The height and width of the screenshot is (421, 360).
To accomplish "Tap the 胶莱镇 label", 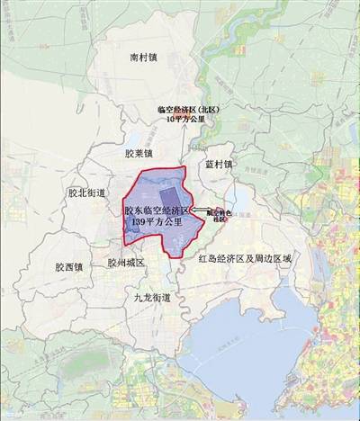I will (141, 152).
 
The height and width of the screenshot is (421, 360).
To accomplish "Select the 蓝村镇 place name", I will (218, 165).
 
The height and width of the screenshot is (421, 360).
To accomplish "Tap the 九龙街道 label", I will (151, 296).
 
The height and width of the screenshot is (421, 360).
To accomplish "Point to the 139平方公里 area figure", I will (159, 220).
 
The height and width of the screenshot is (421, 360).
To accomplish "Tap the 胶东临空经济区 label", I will (157, 209).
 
